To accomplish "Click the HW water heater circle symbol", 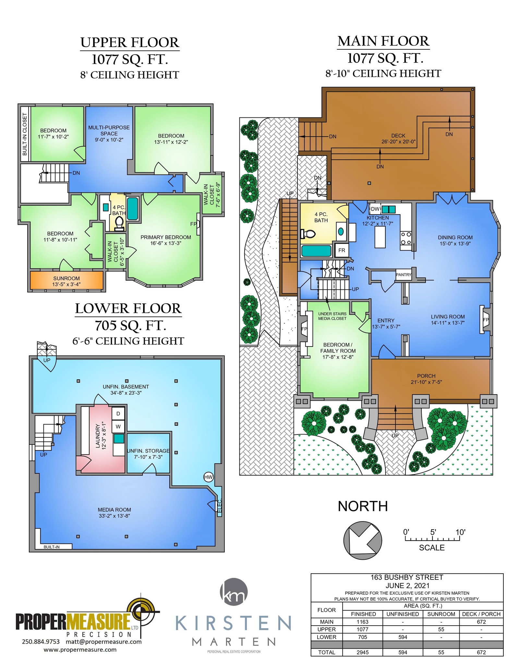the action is point(208,477).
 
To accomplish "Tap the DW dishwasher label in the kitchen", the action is point(375,209).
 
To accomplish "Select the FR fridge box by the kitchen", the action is point(342,250).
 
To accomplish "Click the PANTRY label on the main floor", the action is point(404,275).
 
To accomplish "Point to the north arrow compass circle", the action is point(363,540).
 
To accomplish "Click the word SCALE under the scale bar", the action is point(432,548).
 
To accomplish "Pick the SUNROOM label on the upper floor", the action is point(66,278).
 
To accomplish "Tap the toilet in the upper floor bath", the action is point(119,224).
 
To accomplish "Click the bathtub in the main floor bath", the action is point(316,251).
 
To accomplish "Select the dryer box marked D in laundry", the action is point(118,413).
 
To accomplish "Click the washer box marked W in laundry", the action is point(118,426).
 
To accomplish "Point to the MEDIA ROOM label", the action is point(115,510).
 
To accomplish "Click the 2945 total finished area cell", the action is point(363,652).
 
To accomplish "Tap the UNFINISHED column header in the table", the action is point(403,614).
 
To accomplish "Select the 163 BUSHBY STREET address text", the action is point(407,577).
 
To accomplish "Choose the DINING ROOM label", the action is point(455,238).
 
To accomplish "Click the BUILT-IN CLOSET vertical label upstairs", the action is point(25,134).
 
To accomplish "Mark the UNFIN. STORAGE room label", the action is point(148,451).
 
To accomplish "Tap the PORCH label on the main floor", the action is point(426,376).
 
